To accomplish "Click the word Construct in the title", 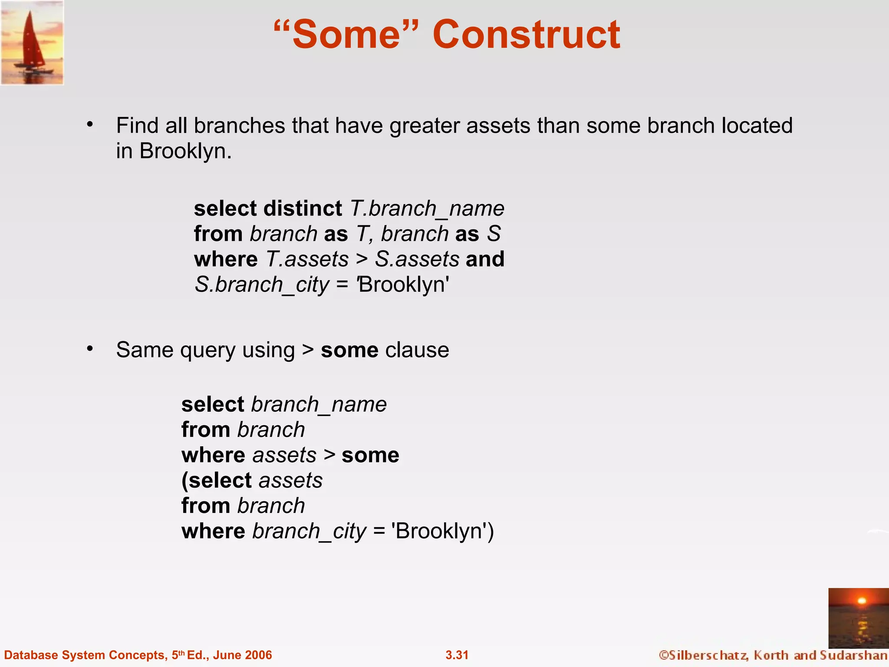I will [526, 35].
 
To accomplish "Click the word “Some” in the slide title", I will [346, 35].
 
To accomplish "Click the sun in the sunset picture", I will [862, 601].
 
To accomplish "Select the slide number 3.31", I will [457, 655].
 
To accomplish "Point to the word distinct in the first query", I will [303, 208].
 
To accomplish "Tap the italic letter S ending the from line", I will [494, 234].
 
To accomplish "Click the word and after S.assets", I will [485, 259].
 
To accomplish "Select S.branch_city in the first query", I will [262, 285].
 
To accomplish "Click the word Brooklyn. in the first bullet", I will [185, 151].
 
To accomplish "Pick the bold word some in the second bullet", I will [349, 350].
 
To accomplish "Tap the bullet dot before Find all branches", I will [90, 125].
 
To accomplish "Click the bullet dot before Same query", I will [90, 349].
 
